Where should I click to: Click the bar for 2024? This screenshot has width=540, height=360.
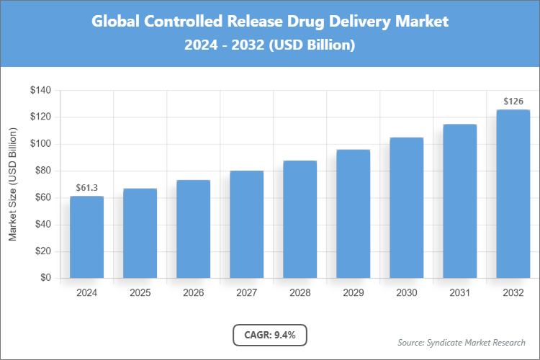(86, 237)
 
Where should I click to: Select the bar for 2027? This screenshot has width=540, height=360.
(246, 224)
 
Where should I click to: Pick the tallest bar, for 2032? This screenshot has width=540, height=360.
(513, 194)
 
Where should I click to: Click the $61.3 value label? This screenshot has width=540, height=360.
(86, 188)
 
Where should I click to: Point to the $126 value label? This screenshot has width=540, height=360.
(513, 101)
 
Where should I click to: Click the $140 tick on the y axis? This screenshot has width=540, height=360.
(40, 91)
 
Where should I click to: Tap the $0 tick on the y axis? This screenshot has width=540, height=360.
(45, 278)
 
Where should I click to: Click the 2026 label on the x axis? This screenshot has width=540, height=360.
(193, 293)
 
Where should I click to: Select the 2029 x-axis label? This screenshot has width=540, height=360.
(353, 293)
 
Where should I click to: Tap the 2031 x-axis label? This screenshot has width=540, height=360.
(459, 293)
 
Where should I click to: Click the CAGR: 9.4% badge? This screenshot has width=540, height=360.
(270, 335)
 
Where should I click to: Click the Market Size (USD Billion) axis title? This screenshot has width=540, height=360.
(12, 184)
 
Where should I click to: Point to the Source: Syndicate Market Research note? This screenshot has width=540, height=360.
(461, 342)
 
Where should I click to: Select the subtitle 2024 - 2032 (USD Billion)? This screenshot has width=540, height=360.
(270, 45)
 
